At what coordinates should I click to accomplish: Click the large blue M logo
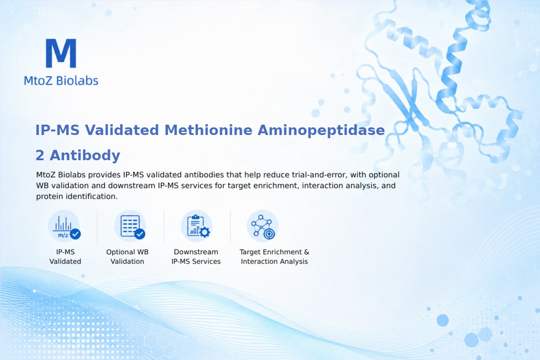[61, 53]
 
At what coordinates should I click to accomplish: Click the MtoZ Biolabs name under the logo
[61, 81]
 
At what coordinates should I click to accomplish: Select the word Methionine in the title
[208, 130]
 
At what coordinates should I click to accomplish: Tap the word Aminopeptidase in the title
[321, 130]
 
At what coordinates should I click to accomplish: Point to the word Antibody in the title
[85, 155]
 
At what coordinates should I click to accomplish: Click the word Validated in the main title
[122, 130]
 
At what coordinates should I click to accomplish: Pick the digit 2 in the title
[40, 155]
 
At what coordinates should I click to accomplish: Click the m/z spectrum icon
[64, 226]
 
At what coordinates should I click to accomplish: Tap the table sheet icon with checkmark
[130, 226]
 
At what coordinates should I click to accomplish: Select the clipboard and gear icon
[197, 226]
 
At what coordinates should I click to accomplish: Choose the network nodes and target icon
[263, 226]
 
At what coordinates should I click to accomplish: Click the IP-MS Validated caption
[65, 256]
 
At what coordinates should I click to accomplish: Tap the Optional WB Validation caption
[127, 256]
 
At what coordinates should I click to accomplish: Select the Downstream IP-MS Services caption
[196, 256]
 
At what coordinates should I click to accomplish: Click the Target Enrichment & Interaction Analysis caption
[274, 256]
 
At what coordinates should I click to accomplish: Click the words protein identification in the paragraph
[77, 196]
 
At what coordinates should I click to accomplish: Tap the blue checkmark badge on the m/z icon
[75, 234]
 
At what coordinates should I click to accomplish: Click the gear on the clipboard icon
[205, 232]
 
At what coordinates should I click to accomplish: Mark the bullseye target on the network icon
[269, 234]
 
